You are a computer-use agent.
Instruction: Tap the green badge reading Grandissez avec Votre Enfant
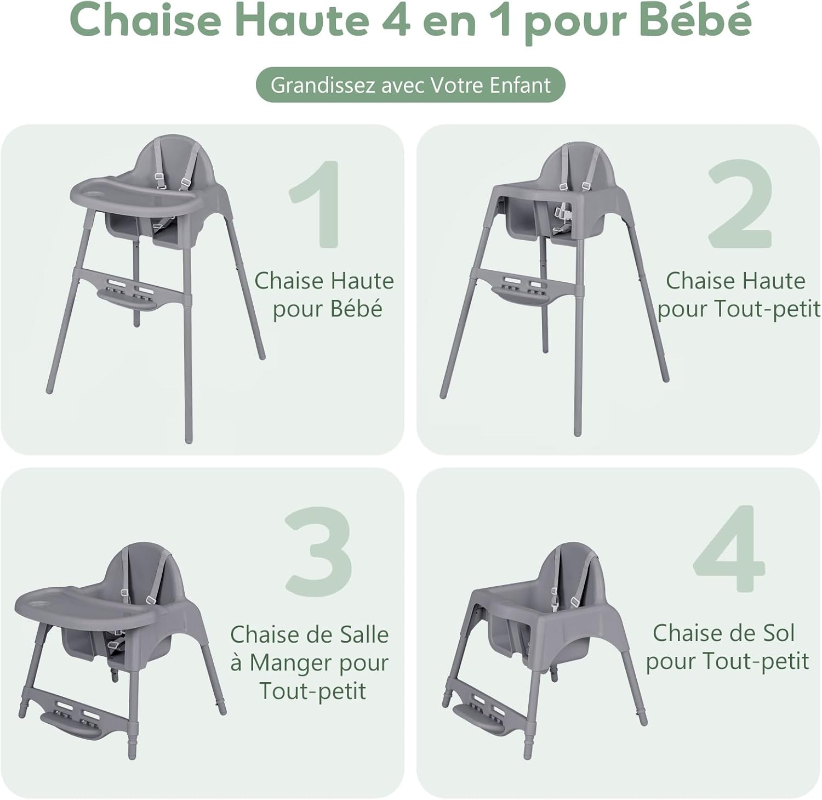tap(410, 85)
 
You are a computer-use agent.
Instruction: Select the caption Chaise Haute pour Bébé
tap(324, 294)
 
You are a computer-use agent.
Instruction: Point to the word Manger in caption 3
tap(292, 663)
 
